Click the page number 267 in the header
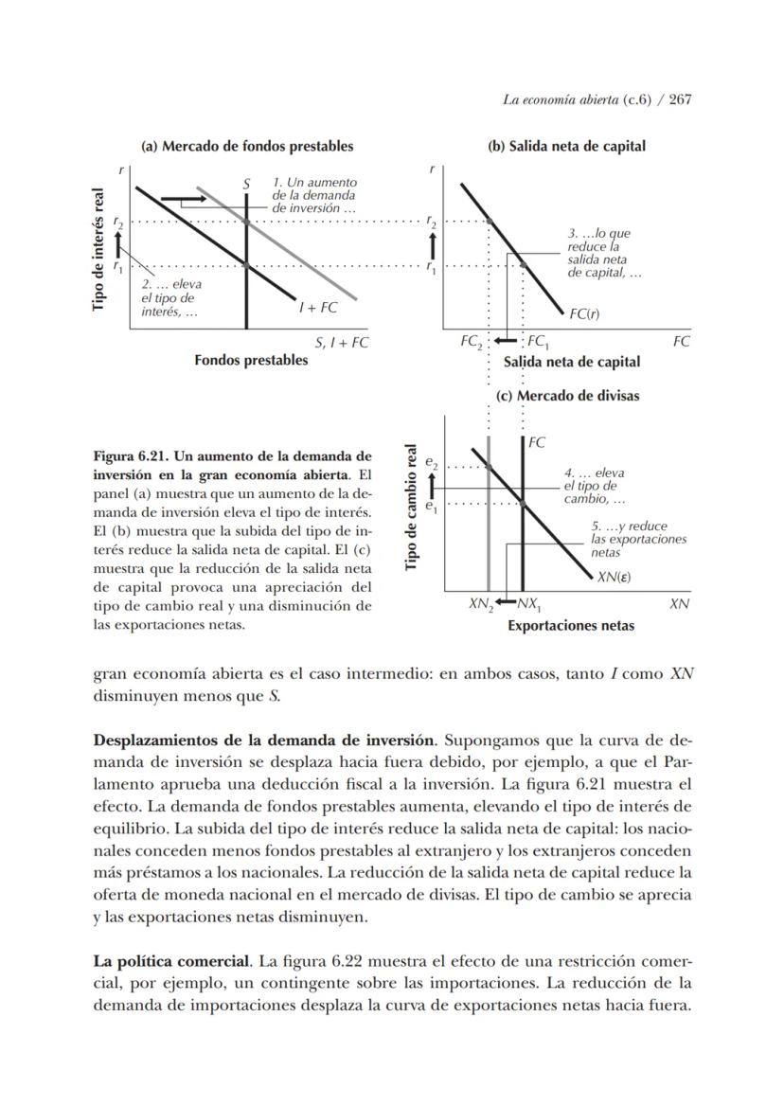coord(680,99)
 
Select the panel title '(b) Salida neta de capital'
coord(566,146)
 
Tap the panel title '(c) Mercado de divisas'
coord(567,396)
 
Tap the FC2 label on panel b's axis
coord(472,342)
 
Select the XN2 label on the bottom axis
coord(481,604)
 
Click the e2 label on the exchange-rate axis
coord(431,464)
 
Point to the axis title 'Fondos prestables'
coord(251,361)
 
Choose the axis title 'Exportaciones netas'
coord(571,626)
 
